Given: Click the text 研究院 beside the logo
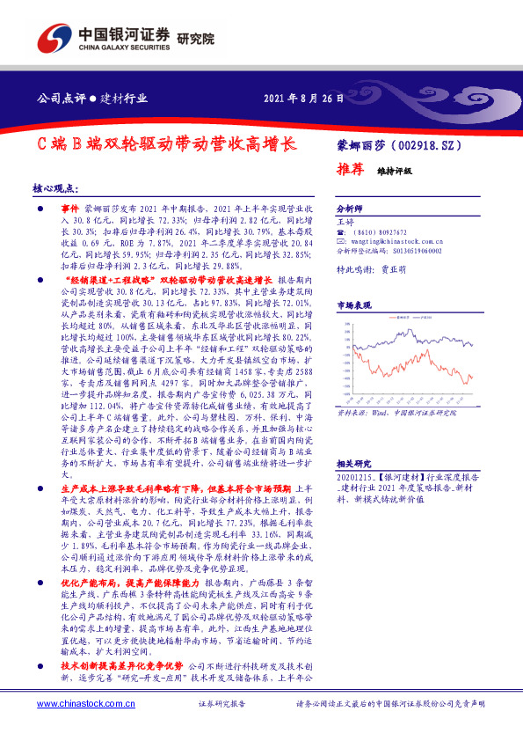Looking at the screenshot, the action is [x=196, y=39].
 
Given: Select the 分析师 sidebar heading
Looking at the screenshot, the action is [x=349, y=209].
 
